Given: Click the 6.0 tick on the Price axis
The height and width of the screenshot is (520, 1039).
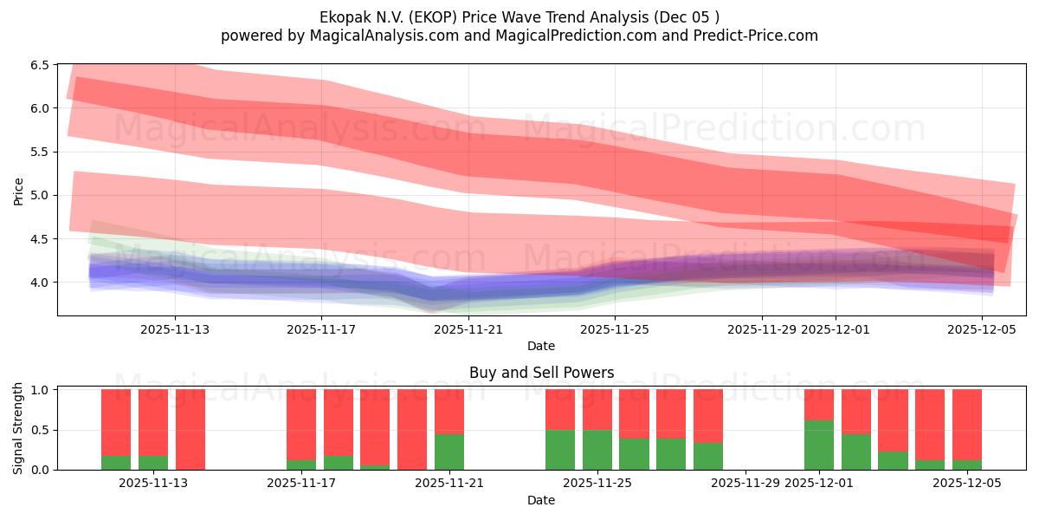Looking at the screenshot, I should point(40,108).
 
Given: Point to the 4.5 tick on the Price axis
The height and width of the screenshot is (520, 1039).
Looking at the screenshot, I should point(40,239).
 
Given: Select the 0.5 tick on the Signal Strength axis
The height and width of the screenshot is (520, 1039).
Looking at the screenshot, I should point(40,430).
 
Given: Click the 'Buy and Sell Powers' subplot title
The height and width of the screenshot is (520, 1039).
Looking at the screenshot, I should point(541,373).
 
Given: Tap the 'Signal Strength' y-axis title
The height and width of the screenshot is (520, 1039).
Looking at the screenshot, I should point(18,429).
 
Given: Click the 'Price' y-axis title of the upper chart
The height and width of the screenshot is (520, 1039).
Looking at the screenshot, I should point(18,190).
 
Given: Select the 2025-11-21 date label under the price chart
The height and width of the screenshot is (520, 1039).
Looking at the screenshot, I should point(468,329).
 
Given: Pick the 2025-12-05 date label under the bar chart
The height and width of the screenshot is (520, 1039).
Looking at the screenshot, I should point(967,484).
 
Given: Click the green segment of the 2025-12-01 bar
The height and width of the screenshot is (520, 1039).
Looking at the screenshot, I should point(819,445).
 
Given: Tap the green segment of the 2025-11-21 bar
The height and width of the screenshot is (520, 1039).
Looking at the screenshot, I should point(449,452).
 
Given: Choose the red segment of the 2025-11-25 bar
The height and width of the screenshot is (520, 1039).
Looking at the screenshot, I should point(597,409).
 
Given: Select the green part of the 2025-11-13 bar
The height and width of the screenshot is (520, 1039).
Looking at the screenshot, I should point(153,462).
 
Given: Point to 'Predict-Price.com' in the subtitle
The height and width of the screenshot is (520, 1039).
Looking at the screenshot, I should point(755,36).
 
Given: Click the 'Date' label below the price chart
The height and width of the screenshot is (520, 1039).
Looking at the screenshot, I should point(541,346).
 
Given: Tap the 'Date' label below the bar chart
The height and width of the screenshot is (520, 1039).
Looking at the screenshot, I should point(541,500).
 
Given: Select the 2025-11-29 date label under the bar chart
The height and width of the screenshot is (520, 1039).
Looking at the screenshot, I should point(745,484).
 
